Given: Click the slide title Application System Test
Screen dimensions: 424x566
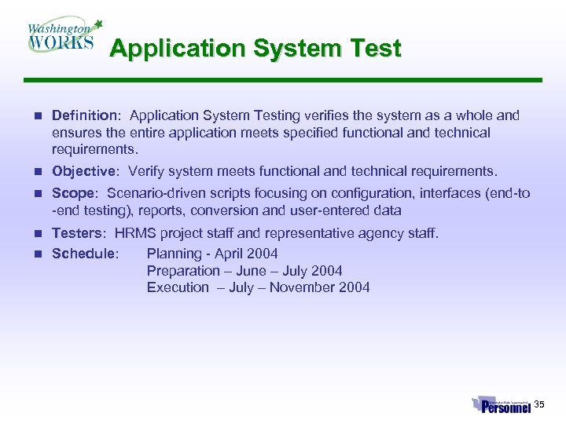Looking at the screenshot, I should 255,49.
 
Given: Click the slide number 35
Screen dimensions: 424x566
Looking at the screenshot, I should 539,404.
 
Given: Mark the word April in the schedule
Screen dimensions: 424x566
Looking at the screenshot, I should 233,254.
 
